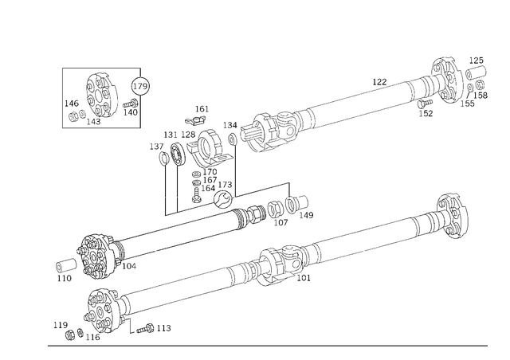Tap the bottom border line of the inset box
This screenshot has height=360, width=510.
point(101,125)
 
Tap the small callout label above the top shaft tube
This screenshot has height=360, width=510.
point(381,80)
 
